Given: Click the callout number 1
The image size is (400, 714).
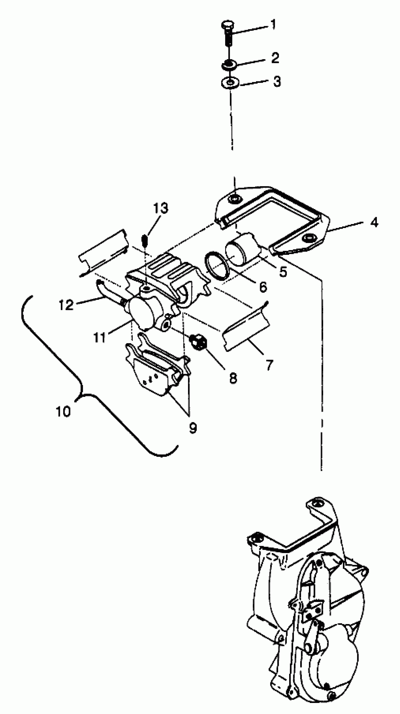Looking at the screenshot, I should tap(273, 24).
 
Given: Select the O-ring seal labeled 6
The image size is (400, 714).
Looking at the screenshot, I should tap(216, 266).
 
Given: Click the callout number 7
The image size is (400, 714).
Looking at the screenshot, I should tap(269, 365).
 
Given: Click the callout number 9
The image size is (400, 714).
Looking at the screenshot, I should tap(193, 428).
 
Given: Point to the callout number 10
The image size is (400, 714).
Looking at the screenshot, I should tap(63, 411).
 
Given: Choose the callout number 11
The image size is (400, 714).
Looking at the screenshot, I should tap(99, 338).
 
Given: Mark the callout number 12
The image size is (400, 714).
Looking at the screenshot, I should tap(66, 305).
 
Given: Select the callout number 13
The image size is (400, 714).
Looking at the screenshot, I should tap(160, 208).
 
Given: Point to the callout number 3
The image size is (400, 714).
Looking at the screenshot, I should tap(277, 82).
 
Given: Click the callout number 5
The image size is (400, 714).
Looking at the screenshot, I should tap(283, 272).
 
